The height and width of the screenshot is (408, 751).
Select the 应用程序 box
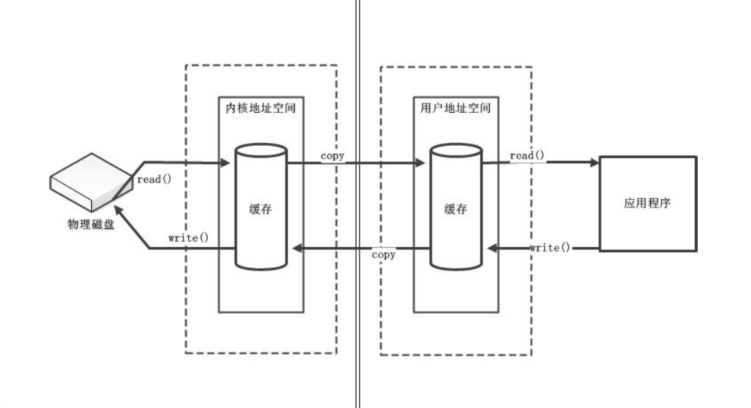(x=647, y=203)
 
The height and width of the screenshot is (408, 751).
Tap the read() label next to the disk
(x=154, y=179)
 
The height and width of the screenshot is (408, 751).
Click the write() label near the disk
(x=188, y=237)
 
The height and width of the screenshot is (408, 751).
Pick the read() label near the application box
(x=528, y=156)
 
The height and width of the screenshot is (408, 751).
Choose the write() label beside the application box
(x=550, y=248)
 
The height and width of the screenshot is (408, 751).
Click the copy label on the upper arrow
(x=332, y=156)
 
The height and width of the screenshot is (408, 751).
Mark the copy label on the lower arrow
(x=383, y=255)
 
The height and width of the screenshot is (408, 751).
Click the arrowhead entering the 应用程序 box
(x=594, y=163)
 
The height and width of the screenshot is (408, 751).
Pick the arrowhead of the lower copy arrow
(x=295, y=249)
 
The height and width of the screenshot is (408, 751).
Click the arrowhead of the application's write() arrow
(x=491, y=249)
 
